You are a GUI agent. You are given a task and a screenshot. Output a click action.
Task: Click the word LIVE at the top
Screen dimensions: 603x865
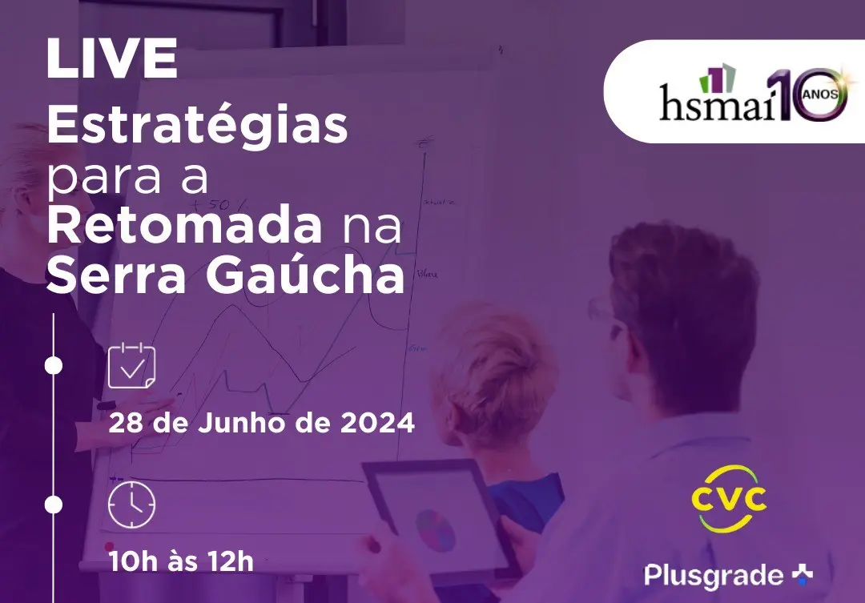pos(112,60)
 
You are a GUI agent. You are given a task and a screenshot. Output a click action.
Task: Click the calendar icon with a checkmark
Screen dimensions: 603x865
pos(131,366)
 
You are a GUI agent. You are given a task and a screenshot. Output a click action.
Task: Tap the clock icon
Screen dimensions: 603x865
pos(131,505)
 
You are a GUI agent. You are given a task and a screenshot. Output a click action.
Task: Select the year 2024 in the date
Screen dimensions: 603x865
pos(377,422)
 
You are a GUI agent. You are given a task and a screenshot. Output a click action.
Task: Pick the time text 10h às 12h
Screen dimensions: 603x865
pos(181,561)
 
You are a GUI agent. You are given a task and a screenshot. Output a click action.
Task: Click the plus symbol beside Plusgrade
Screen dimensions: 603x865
pos(802,573)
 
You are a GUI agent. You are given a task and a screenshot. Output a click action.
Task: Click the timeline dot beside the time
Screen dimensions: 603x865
pos(53,505)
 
